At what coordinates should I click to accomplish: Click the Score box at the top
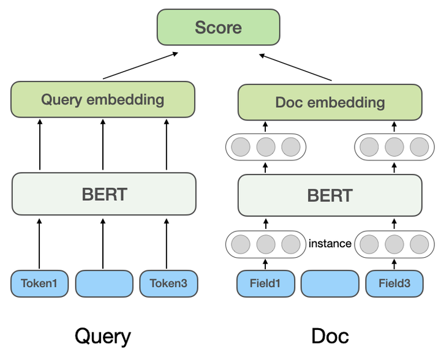coord(218,28)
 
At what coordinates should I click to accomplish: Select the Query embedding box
coord(103,100)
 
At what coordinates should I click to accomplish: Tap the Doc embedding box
coord(330,102)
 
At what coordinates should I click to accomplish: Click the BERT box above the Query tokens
coord(104,194)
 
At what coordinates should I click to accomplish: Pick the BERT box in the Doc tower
coord(330,195)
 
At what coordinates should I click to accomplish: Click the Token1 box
coord(39,284)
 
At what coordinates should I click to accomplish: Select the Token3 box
coord(168,284)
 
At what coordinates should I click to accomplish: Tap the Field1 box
coord(265,284)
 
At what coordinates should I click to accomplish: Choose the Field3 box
coord(394,284)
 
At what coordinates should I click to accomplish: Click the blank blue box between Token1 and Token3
coord(104,284)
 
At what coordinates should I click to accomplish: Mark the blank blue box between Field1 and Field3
coord(330,284)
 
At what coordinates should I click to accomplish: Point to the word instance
coord(330,244)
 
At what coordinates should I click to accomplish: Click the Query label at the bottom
coord(102,336)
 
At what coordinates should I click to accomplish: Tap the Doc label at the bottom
coord(330,336)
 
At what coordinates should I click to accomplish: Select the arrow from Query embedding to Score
coord(140,66)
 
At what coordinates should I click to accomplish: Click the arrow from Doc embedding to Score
coord(296,67)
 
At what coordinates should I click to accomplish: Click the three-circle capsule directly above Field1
coord(265,244)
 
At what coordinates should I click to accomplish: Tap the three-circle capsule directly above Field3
coord(394,244)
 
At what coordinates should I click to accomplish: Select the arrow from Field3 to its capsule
coord(394,264)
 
